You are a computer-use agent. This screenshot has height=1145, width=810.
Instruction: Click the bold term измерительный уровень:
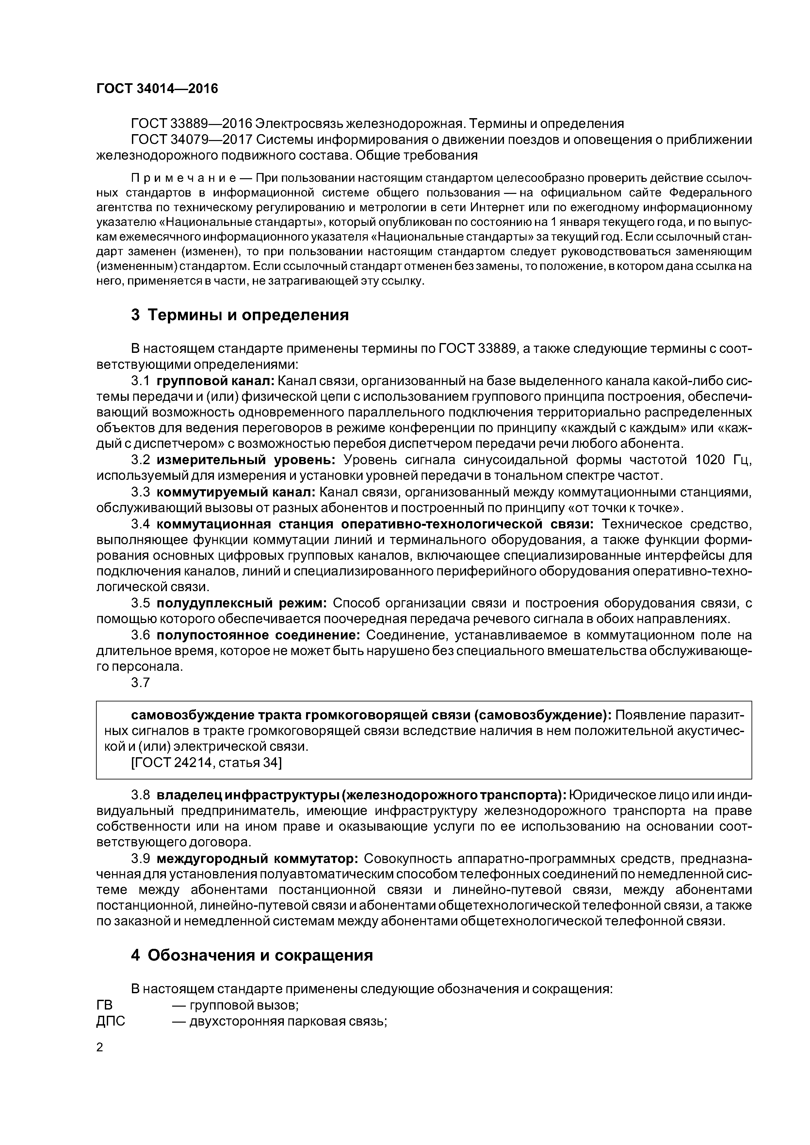[245, 460]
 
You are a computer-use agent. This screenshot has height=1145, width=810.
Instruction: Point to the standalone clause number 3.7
[140, 683]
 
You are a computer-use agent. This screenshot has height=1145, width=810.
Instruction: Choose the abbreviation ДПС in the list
[110, 1021]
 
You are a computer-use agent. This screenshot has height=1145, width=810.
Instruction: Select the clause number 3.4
[140, 525]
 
